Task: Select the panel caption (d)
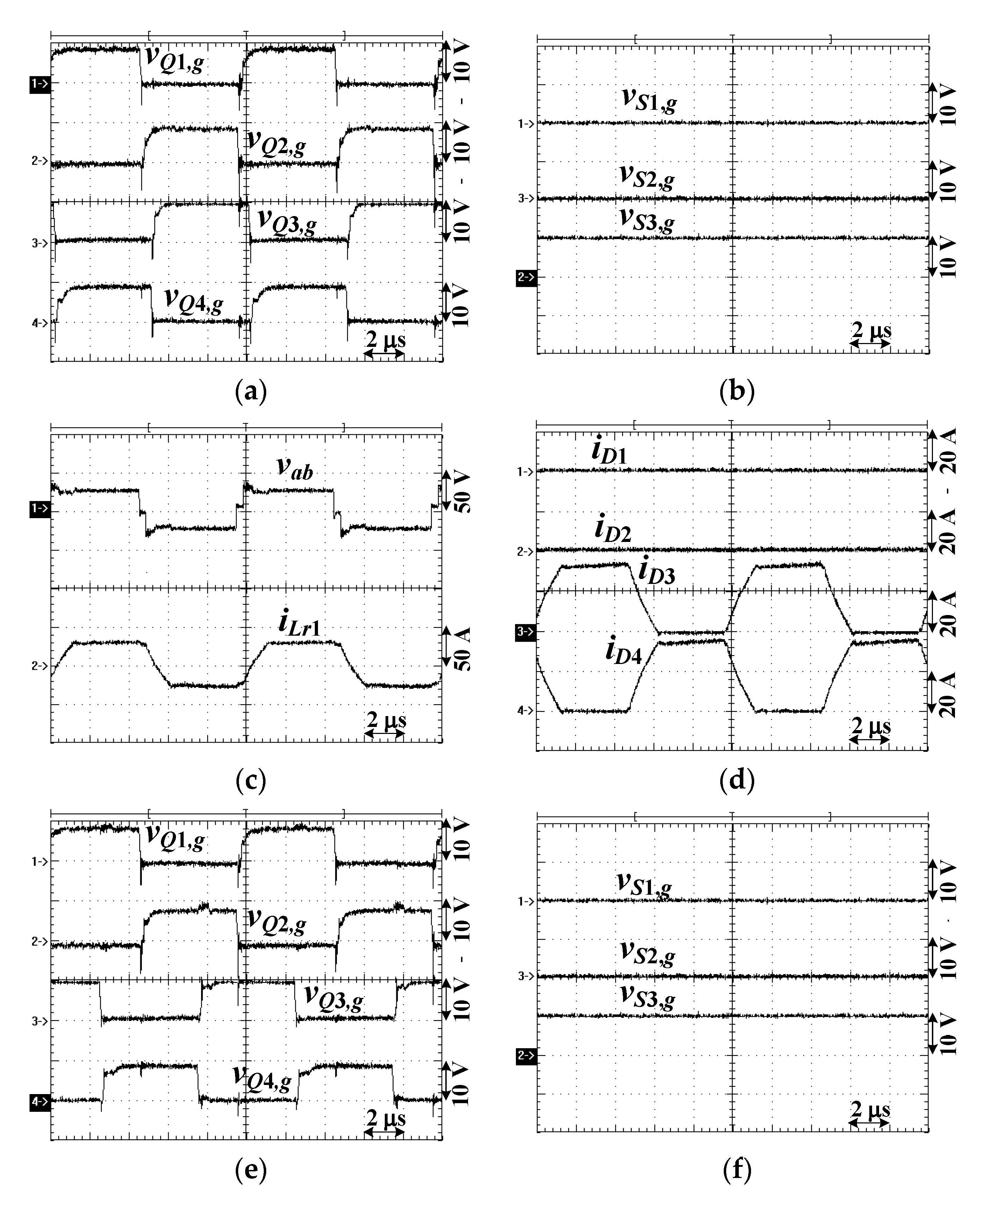pos(737,780)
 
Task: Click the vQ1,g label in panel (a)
pos(175,59)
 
